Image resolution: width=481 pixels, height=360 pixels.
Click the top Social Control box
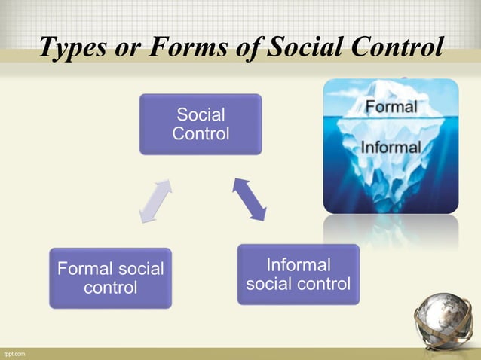point(200,124)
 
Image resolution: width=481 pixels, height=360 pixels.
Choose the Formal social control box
point(110,278)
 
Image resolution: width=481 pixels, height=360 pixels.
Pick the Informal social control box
point(298,275)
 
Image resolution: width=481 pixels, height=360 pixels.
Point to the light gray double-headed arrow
point(156,200)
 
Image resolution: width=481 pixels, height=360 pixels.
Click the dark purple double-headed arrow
point(250,199)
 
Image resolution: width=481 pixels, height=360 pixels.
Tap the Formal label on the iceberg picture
point(391,107)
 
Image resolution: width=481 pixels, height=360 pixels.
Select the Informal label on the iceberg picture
point(391,147)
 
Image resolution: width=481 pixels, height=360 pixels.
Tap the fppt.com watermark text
point(14,353)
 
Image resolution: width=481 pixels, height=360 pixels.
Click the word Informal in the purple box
point(298,265)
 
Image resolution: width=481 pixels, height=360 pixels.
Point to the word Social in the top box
point(200,115)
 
